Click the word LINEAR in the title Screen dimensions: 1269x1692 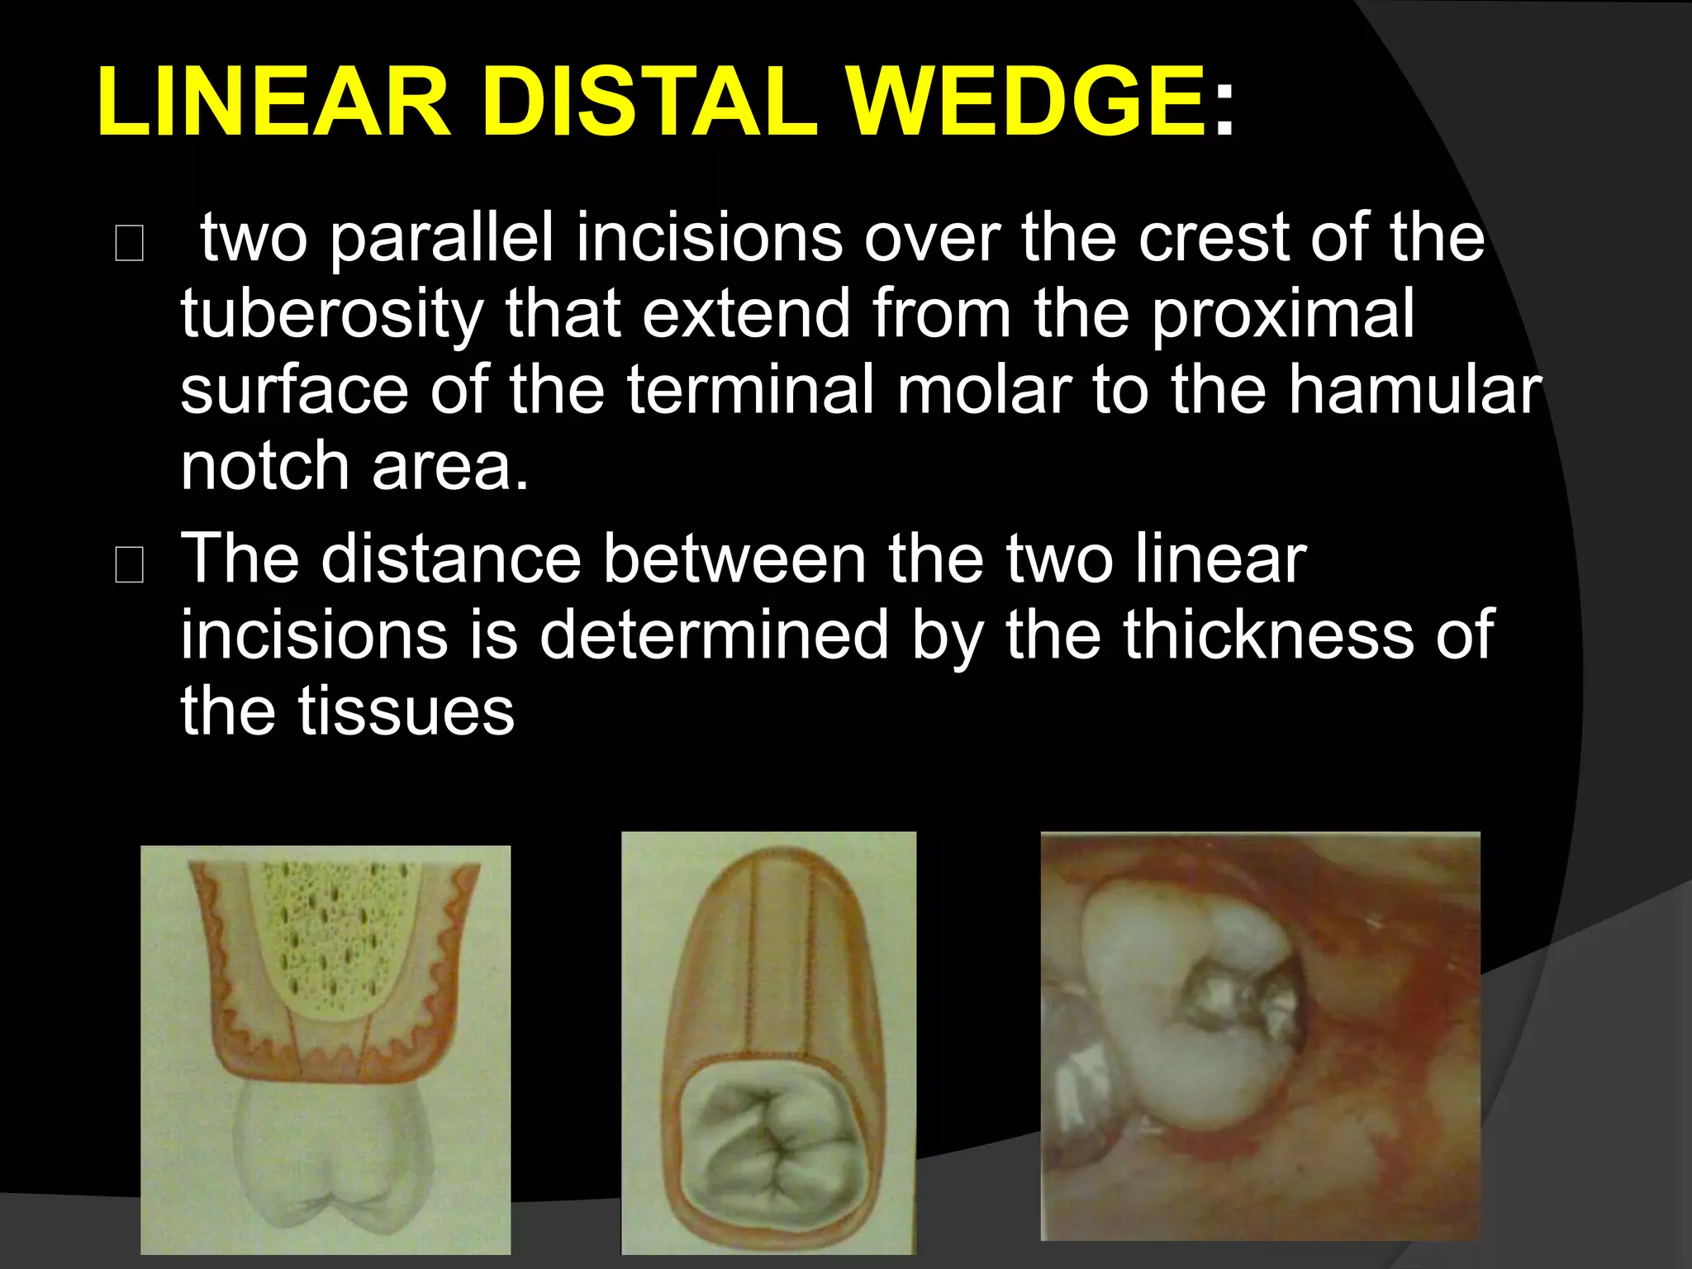pyautogui.click(x=273, y=103)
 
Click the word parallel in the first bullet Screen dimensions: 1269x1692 pyautogui.click(x=441, y=240)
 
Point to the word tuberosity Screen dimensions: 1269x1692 pyautogui.click(x=331, y=316)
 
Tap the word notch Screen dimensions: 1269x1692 pyautogui.click(x=264, y=467)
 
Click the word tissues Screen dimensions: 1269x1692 pyautogui.click(x=406, y=712)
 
